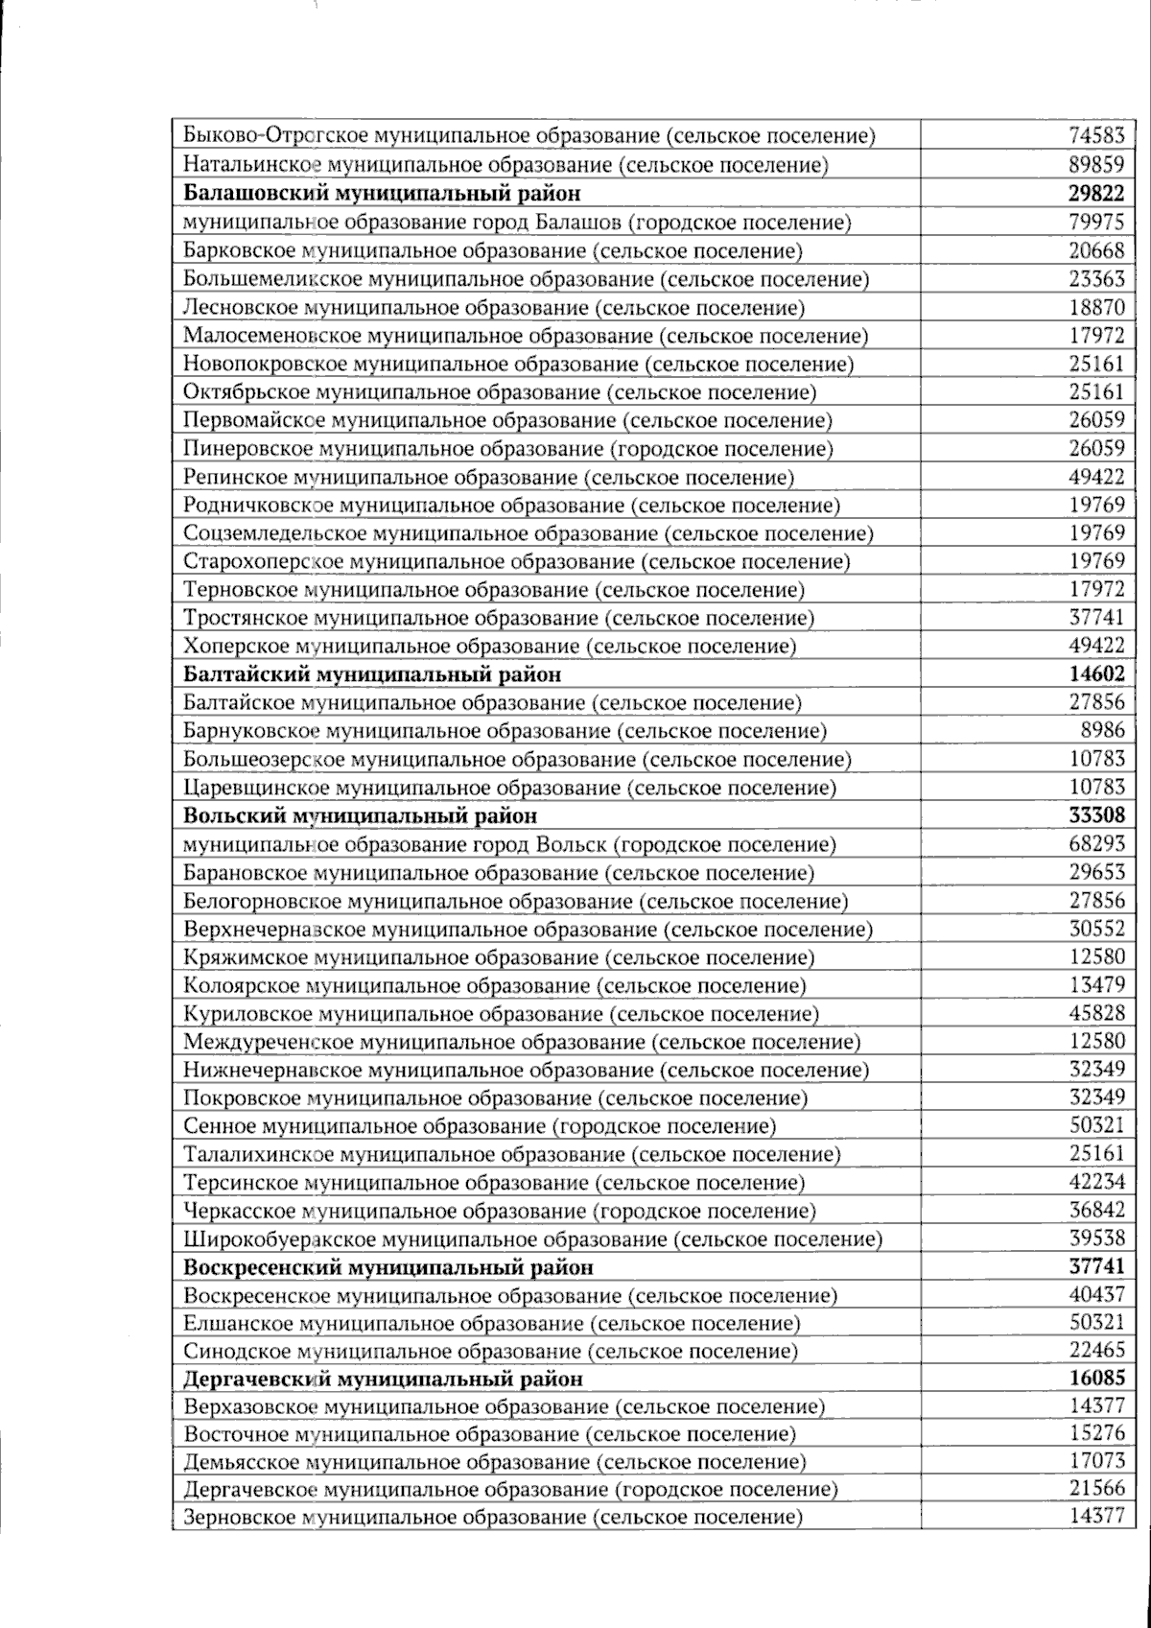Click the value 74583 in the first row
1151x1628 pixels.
click(1096, 135)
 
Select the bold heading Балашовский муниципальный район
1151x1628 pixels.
click(382, 193)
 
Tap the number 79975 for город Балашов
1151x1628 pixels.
click(1096, 222)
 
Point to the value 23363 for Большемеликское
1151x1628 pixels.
click(1096, 279)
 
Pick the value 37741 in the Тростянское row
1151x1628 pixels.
click(1096, 617)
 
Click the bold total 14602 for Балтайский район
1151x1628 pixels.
click(1096, 673)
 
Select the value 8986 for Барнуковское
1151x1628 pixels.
click(1103, 730)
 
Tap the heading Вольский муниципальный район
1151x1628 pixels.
click(360, 815)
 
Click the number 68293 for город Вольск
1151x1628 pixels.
click(1096, 844)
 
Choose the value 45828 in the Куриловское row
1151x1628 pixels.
click(1096, 1013)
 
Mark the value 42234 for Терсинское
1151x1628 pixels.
click(1096, 1182)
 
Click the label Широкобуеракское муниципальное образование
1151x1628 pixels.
click(532, 1239)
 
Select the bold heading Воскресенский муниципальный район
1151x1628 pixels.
click(388, 1267)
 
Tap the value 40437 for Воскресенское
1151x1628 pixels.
click(1096, 1295)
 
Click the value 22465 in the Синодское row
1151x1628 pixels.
click(1096, 1351)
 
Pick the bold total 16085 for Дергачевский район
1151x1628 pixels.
click(1096, 1379)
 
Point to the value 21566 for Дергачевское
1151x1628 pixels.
click(1096, 1489)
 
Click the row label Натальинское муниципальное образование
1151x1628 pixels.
click(505, 164)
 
